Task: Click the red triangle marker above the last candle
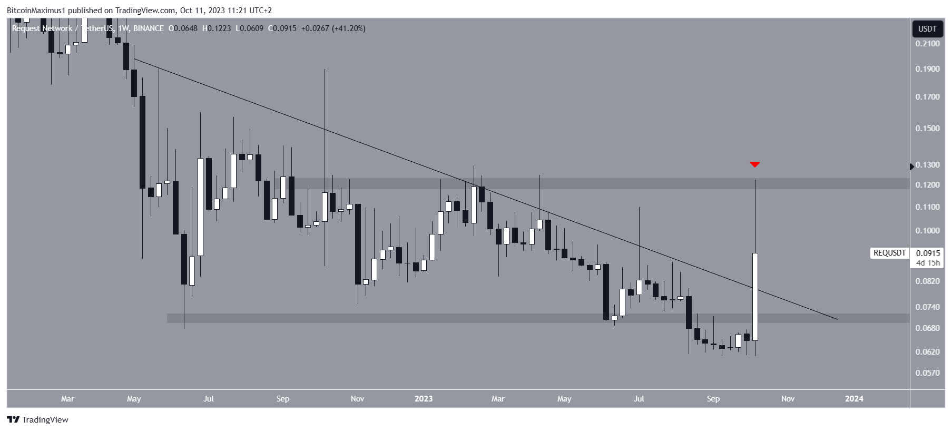tap(754, 164)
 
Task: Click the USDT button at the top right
tap(927, 29)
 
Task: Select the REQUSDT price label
tap(889, 253)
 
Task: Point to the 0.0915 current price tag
tap(928, 253)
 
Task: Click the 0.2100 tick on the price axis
tap(927, 44)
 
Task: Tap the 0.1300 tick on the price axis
tap(927, 165)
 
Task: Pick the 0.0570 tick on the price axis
tap(927, 373)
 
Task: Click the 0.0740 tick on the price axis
tap(927, 307)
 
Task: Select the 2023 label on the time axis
tap(424, 399)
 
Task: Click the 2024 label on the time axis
tap(854, 399)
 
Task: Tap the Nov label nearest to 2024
tap(788, 399)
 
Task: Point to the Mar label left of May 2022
tap(67, 399)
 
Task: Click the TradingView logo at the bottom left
tap(38, 420)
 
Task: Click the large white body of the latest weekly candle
tap(755, 297)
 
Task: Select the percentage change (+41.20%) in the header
tap(348, 28)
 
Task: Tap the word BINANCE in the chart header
tap(148, 28)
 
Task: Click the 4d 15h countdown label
tap(928, 262)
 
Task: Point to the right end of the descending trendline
tap(837, 319)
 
